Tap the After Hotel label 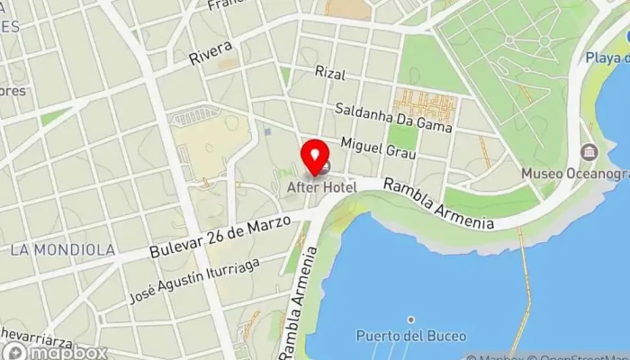[321, 187]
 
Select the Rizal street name [330, 72]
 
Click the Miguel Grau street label [378, 148]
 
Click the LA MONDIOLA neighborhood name [63, 249]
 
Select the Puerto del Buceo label [410, 336]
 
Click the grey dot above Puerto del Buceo [410, 319]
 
